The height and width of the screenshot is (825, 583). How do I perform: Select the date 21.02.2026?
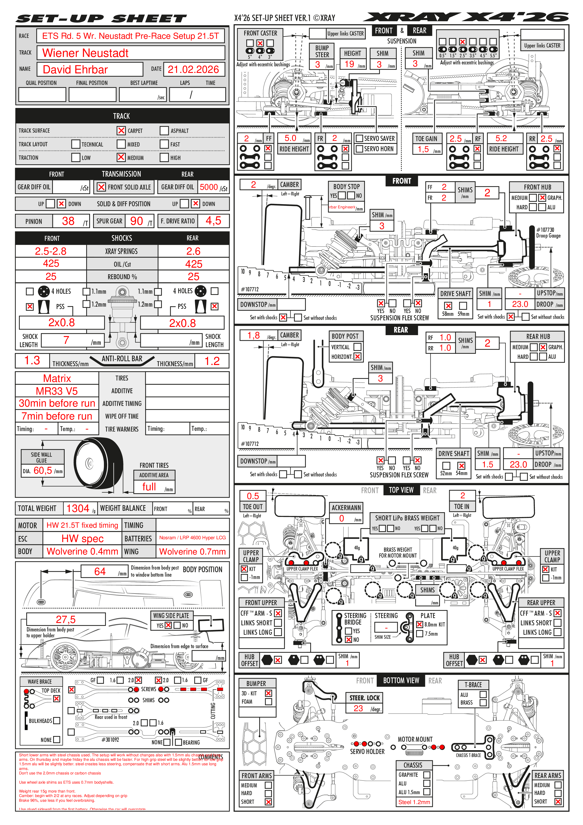[193, 69]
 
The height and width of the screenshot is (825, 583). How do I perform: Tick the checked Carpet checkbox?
[121, 131]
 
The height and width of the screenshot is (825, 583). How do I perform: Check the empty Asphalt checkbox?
[164, 131]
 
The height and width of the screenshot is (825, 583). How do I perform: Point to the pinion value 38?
[68, 221]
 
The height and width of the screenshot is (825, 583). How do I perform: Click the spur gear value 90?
[137, 221]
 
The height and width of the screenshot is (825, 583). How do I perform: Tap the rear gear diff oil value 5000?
[209, 187]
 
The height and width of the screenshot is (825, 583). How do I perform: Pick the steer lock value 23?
[358, 708]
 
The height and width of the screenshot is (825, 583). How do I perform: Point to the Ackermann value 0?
[342, 518]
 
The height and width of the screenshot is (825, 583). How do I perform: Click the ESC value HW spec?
[82, 538]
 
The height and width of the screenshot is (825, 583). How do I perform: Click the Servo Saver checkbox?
[359, 138]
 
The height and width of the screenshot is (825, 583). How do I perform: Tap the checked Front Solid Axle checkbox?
[102, 187]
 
